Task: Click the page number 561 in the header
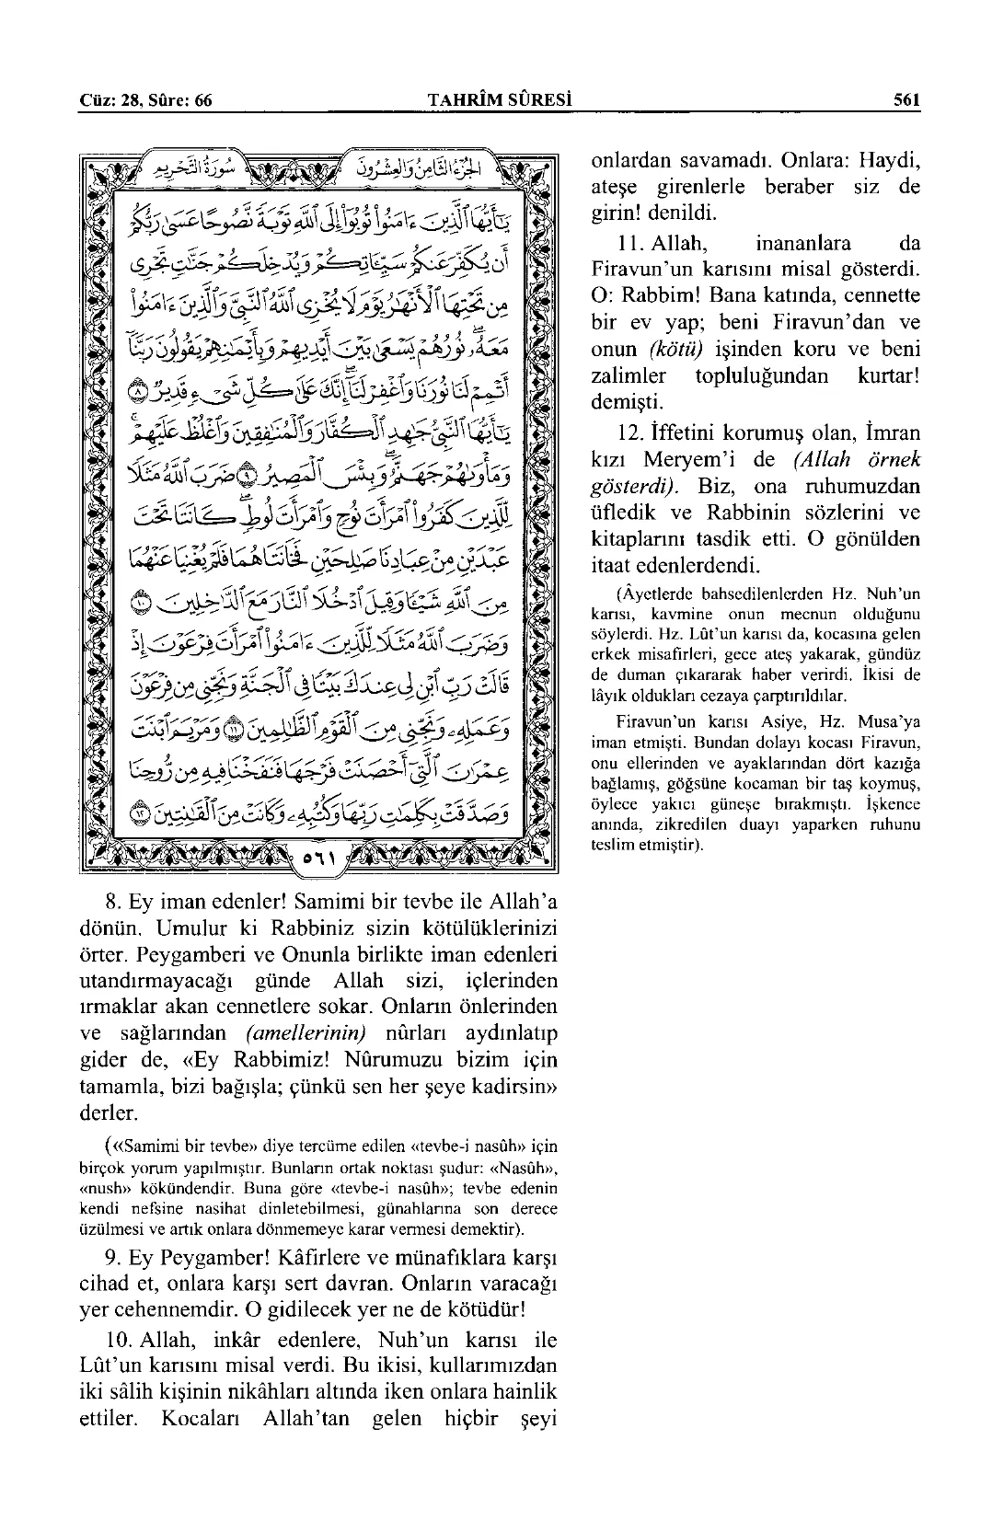906,100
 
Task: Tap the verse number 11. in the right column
629,244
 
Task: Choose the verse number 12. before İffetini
632,432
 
